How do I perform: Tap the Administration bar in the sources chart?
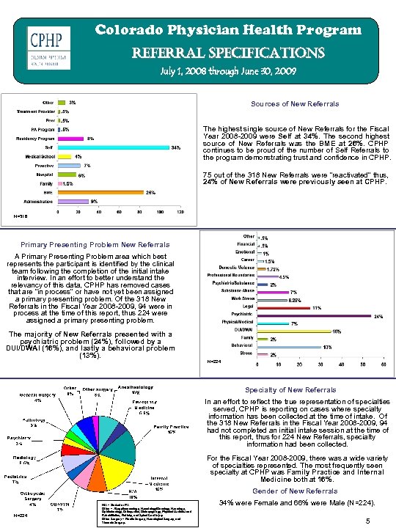coord(73,202)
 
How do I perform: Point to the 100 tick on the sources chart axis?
coord(161,212)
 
